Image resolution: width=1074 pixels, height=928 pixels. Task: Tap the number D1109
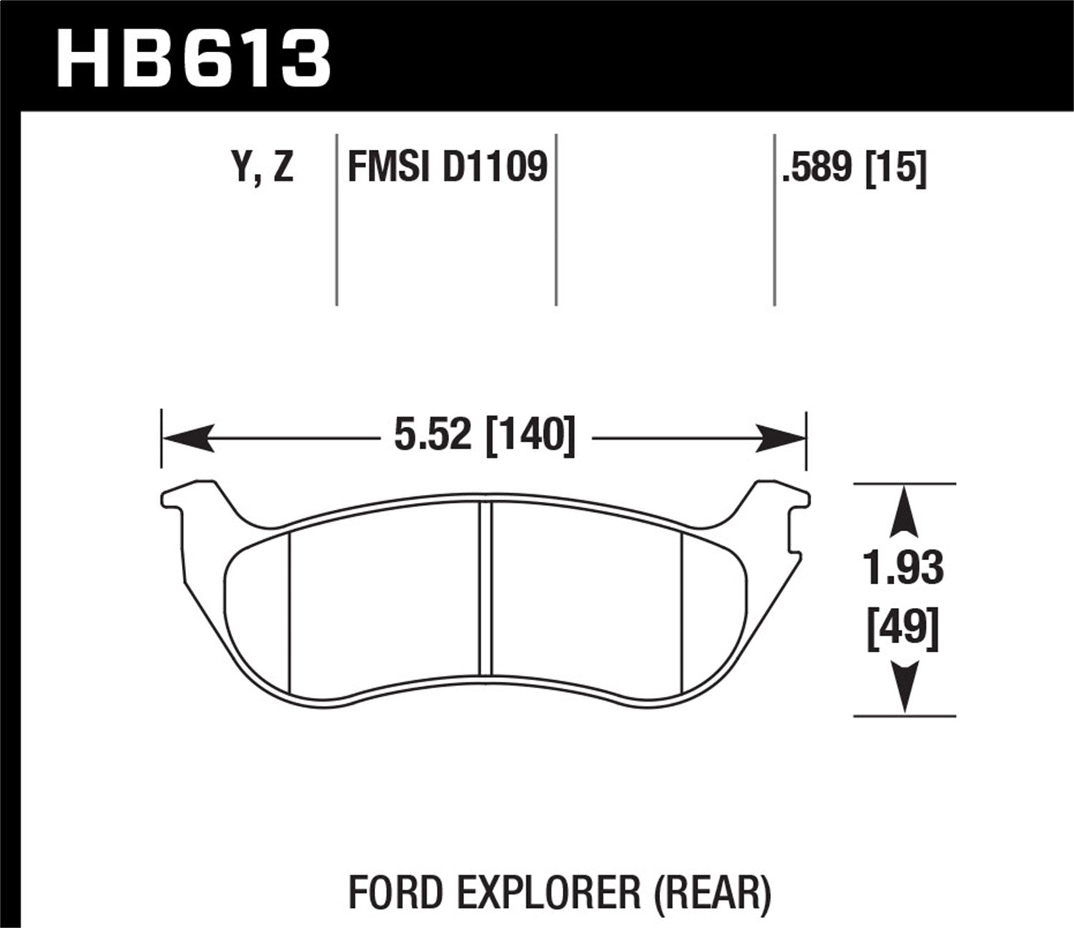tap(495, 168)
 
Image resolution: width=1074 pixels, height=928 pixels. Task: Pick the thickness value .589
tap(818, 168)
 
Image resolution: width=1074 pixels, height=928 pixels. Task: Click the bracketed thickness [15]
tap(896, 168)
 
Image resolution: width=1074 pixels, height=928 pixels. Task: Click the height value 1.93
tap(904, 569)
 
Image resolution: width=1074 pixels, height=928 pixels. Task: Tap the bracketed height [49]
tap(903, 630)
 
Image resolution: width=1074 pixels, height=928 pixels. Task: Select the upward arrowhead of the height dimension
tap(905, 511)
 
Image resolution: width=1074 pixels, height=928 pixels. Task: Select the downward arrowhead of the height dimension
tap(905, 687)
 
